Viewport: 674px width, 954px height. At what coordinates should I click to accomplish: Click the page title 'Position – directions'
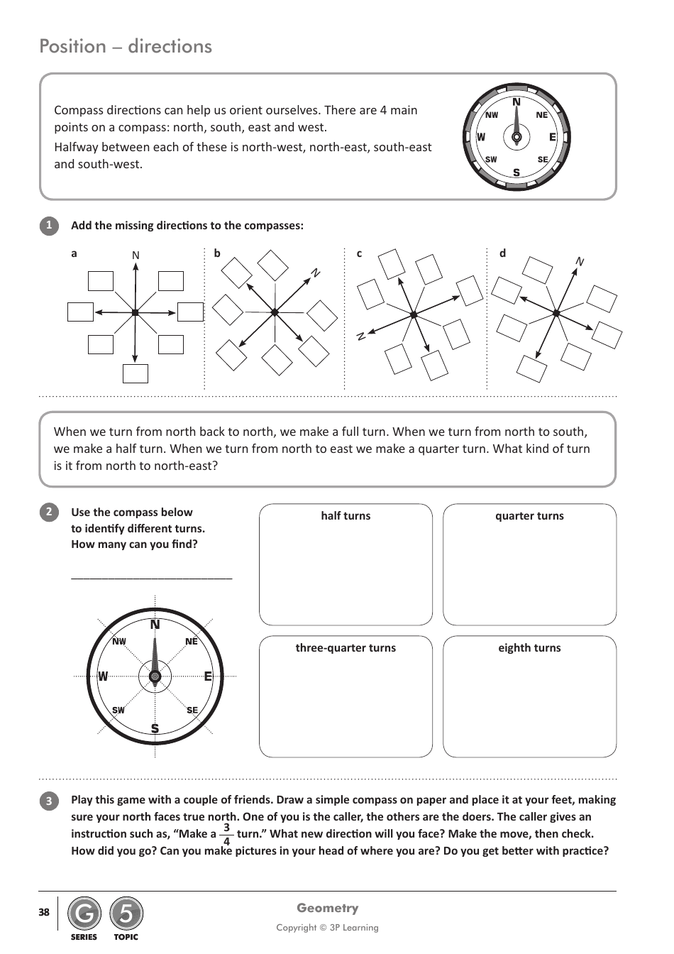[126, 46]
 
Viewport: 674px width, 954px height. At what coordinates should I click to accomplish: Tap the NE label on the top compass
[542, 115]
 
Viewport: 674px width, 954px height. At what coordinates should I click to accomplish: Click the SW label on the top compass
[491, 160]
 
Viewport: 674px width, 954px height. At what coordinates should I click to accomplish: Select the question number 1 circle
[49, 226]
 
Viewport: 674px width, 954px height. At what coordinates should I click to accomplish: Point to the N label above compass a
[136, 256]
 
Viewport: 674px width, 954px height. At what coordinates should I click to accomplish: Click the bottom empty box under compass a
[136, 373]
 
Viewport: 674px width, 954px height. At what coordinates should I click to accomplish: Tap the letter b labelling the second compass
[217, 253]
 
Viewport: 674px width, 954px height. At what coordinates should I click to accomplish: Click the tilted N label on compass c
[361, 336]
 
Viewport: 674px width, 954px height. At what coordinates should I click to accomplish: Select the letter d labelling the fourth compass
[502, 253]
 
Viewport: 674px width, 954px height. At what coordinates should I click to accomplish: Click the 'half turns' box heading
[346, 516]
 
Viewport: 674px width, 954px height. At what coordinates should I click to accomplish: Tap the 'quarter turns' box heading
[529, 516]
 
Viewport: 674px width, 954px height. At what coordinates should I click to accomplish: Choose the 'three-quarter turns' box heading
[346, 648]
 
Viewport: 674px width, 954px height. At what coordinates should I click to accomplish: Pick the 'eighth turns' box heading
[529, 648]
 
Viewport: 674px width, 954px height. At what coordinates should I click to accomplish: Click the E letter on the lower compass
[208, 676]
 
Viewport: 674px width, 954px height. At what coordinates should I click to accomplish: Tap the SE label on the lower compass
[192, 710]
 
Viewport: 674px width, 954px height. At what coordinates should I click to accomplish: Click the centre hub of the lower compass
[155, 676]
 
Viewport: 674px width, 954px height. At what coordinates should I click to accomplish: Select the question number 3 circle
[49, 801]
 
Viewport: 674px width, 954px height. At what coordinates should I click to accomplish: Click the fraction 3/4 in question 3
[226, 835]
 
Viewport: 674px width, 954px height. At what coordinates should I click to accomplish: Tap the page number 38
[44, 912]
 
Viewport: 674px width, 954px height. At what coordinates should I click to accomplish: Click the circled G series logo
[84, 914]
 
